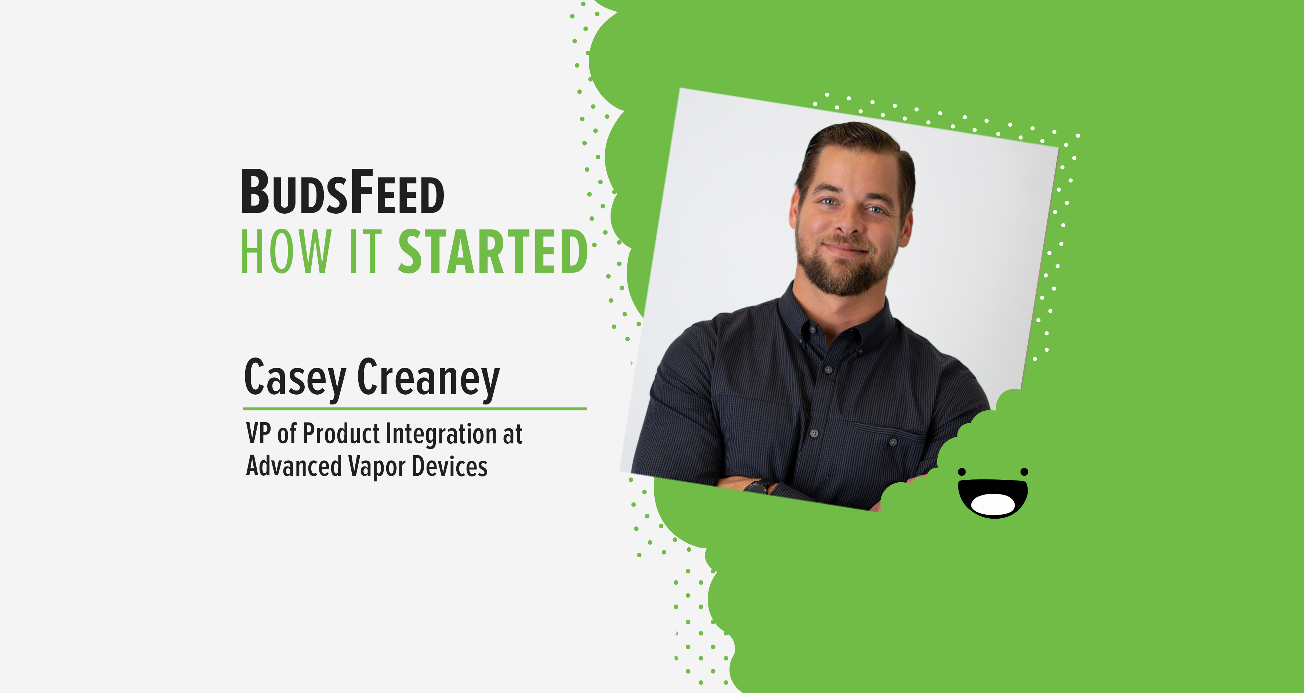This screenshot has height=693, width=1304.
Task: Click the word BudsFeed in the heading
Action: coord(343,191)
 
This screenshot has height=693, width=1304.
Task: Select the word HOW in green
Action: coord(286,251)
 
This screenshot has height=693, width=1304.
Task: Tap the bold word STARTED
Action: coord(493,251)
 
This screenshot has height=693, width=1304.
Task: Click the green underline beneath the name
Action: coord(414,409)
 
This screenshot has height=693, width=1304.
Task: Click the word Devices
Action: coord(449,466)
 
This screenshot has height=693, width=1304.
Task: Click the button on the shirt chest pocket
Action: coord(892,442)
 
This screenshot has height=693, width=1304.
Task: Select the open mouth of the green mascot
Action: coord(993,498)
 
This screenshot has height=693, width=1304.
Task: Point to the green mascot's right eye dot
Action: coord(1024,472)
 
